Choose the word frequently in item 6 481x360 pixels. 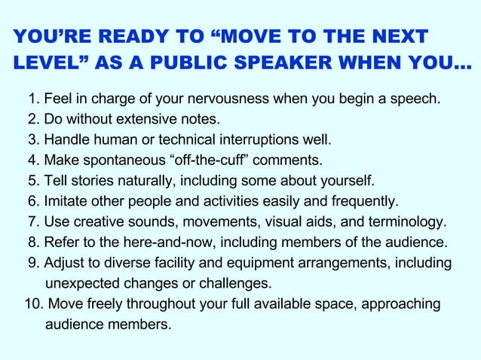[x=361, y=201]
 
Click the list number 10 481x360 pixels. [x=32, y=304]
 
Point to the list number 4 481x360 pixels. [x=32, y=160]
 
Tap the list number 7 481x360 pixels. [x=32, y=222]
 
